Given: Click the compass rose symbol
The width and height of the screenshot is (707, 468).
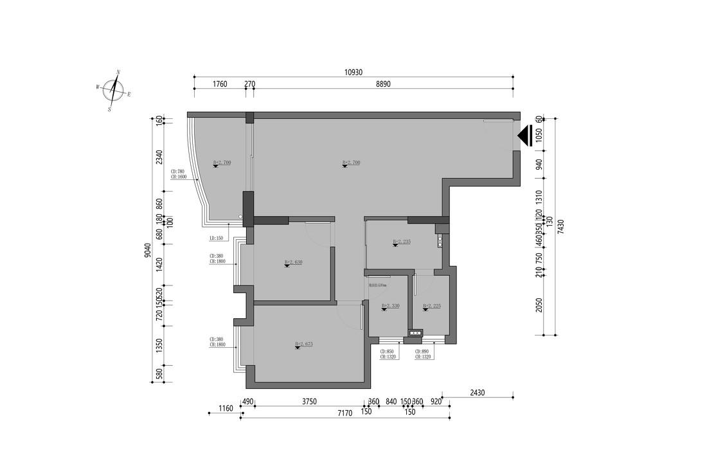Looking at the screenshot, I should point(114,91).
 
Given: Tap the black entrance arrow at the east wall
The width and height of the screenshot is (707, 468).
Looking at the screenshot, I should point(523,136).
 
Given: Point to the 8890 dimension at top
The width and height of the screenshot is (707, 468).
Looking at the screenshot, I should point(383,84).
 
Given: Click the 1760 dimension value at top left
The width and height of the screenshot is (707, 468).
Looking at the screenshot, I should point(220,84).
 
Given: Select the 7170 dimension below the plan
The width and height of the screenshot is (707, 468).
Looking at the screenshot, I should point(345,413).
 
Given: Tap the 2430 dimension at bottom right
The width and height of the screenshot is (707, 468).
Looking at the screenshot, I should point(478,392).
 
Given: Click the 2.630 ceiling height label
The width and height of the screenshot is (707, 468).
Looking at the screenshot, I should point(293,262).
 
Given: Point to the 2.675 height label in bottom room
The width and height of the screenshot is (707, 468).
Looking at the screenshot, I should point(303,345).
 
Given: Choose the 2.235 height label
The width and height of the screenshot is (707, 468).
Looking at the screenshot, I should point(401,242).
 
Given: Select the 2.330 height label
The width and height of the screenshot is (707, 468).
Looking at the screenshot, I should point(390,306).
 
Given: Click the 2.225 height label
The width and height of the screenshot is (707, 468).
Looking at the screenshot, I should point(431,306).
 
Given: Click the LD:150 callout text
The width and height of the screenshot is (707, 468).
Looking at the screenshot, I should point(216,239).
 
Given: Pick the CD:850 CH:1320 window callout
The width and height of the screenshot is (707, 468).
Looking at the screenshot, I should point(387,355).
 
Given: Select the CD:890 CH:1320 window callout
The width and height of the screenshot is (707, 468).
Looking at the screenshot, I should point(422,355).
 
